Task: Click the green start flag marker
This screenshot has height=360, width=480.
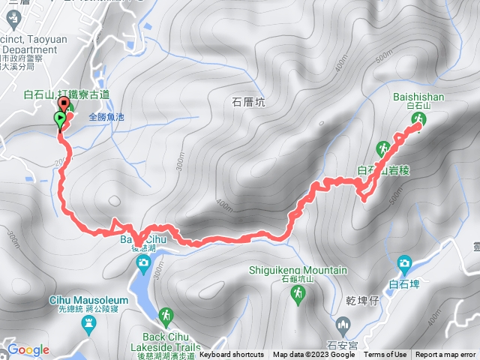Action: pos(59,119)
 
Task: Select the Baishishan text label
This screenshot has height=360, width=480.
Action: pos(418,97)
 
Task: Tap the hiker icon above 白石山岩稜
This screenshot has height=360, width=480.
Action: pos(382,146)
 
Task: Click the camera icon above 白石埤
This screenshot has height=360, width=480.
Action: pos(405,263)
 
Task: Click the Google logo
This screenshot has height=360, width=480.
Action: pos(28,350)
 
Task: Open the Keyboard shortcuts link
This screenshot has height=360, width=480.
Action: pos(232,355)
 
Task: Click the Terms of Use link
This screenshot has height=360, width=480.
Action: pos(385,355)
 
